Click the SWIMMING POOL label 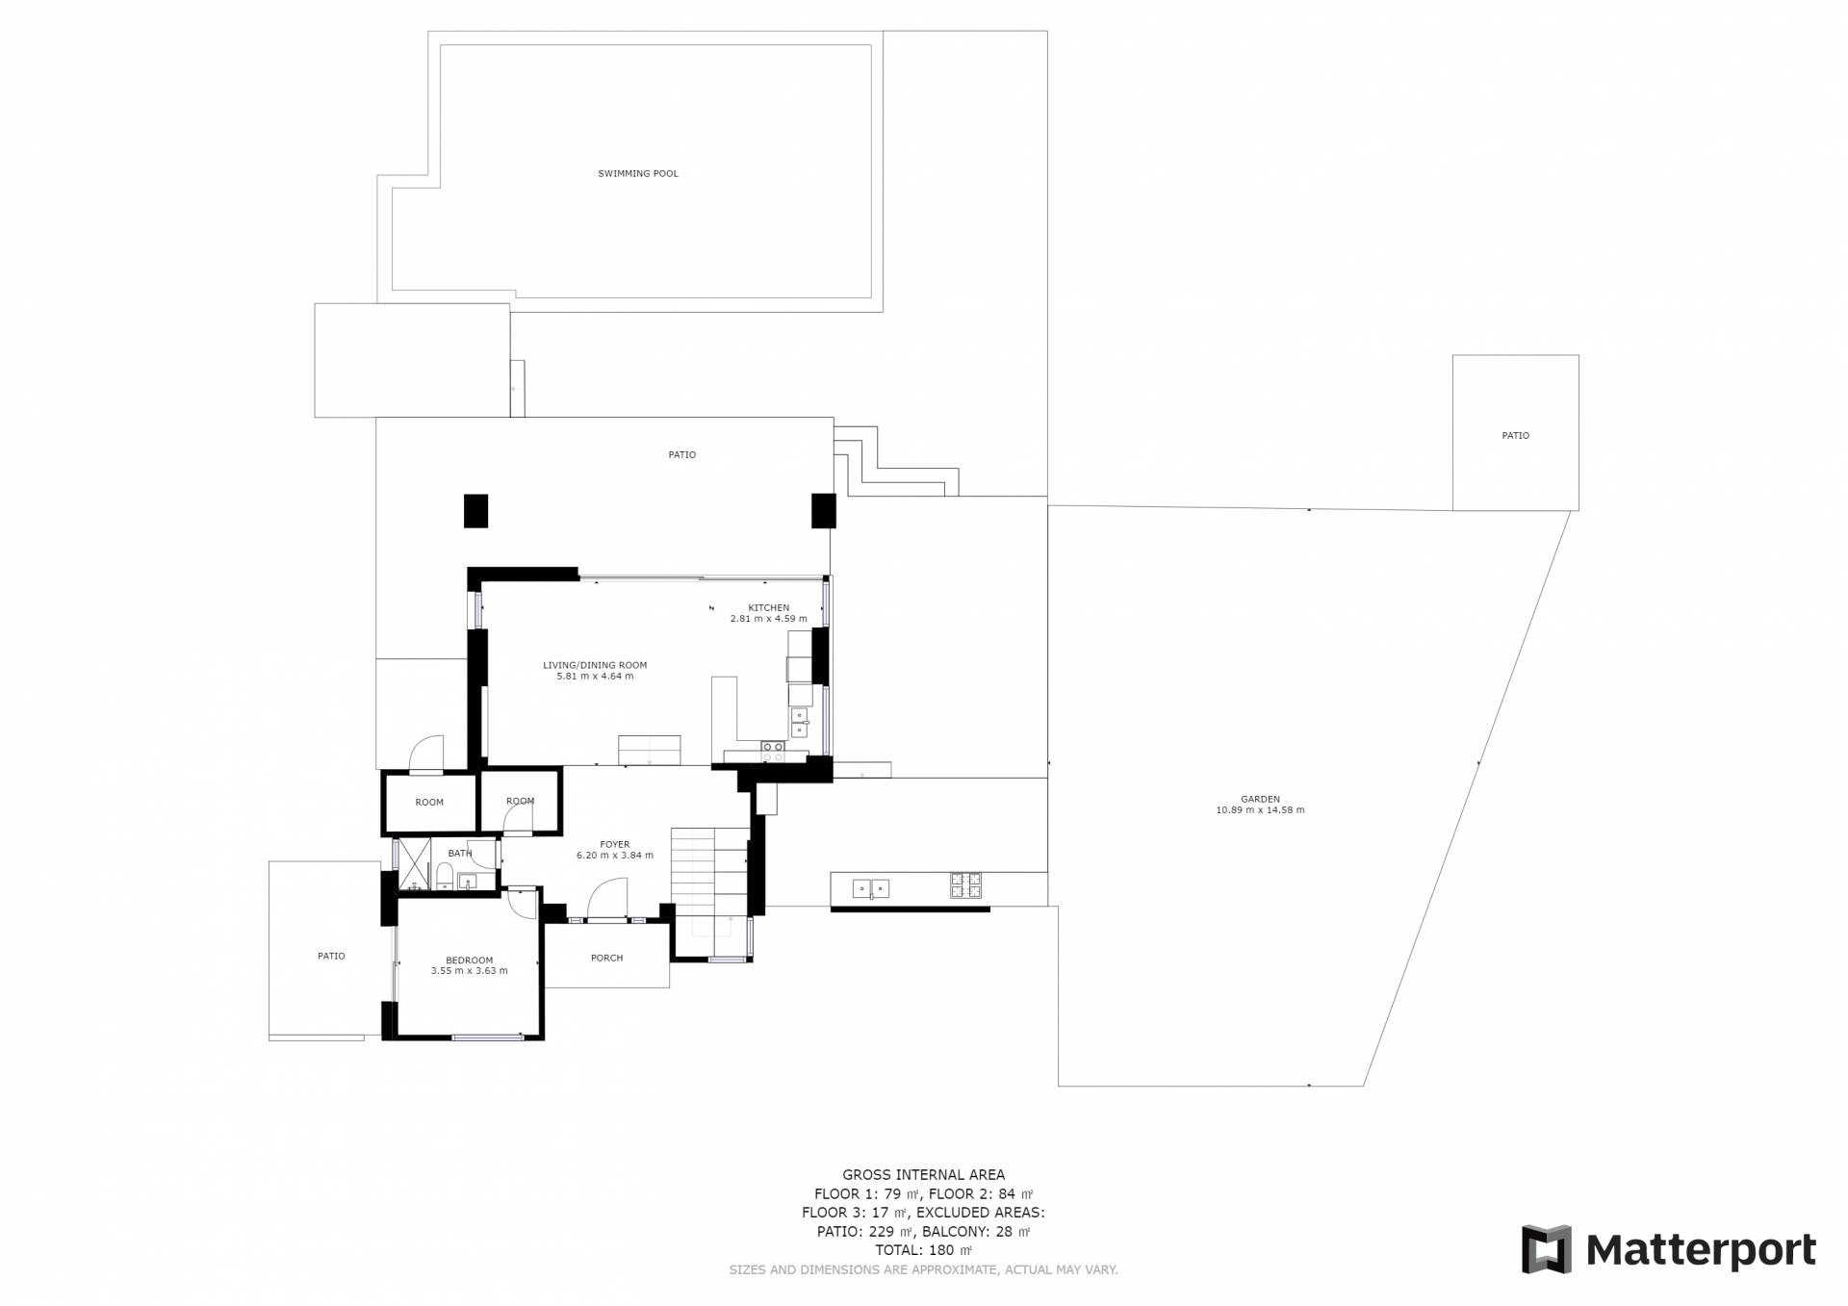point(638,174)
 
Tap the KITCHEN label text point(769,608)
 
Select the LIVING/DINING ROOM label point(595,665)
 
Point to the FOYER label point(615,845)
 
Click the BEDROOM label point(469,960)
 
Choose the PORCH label point(607,958)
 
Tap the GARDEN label point(1260,800)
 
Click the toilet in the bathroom point(445,877)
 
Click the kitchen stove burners point(772,752)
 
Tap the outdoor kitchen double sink point(870,888)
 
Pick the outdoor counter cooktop point(966,885)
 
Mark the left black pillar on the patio point(475,511)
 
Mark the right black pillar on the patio point(824,511)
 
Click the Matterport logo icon point(1546,1249)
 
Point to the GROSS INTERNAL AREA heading point(923,1175)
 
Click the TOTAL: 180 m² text point(923,1250)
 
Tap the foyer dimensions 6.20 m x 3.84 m point(615,856)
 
